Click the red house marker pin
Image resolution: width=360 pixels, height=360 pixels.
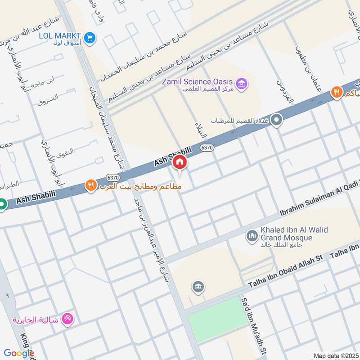pyautogui.click(x=180, y=163)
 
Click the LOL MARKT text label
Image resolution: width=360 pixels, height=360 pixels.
pyautogui.click(x=60, y=36)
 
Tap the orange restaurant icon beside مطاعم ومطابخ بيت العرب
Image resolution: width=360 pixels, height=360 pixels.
pyautogui.click(x=91, y=185)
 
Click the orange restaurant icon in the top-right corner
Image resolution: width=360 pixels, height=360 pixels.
pyautogui.click(x=336, y=93)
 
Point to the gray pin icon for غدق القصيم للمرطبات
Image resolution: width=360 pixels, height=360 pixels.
pyautogui.click(x=276, y=120)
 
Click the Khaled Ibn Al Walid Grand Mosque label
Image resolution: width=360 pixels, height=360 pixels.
pyautogui.click(x=293, y=233)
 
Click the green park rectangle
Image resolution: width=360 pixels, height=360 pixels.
pyautogui.click(x=215, y=320)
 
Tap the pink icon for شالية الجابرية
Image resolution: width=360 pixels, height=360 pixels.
pyautogui.click(x=69, y=319)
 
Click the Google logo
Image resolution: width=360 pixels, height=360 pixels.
pyautogui.click(x=19, y=353)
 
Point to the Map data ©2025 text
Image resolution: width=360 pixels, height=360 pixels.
pyautogui.click(x=335, y=355)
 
